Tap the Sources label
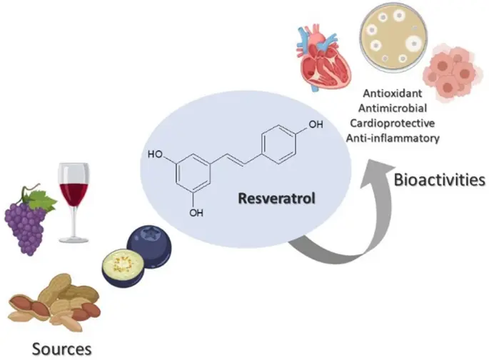pos(61,348)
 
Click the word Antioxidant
pos(394,94)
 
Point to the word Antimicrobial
pos(395,108)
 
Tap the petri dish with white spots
pos(390,40)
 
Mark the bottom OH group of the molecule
pos(196,212)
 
